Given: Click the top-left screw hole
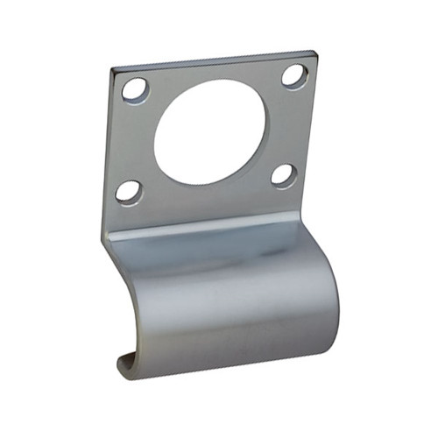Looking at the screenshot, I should click(135, 88).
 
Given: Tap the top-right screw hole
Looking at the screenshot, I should click(294, 75).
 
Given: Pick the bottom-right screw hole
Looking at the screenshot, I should click(283, 175).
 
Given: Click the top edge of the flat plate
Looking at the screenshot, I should click(213, 60).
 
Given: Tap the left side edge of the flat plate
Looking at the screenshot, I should click(109, 149).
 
